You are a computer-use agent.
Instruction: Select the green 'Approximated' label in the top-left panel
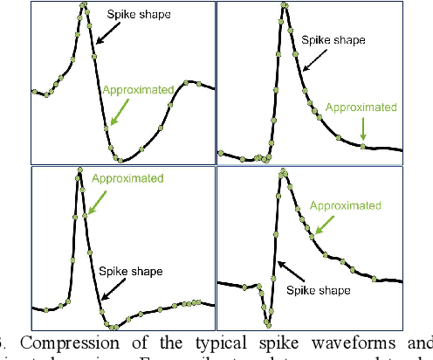point(137,90)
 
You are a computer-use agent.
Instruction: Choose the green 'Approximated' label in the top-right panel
point(361,107)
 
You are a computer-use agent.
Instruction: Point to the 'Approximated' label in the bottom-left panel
point(127,178)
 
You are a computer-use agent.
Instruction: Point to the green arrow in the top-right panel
point(363,129)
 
